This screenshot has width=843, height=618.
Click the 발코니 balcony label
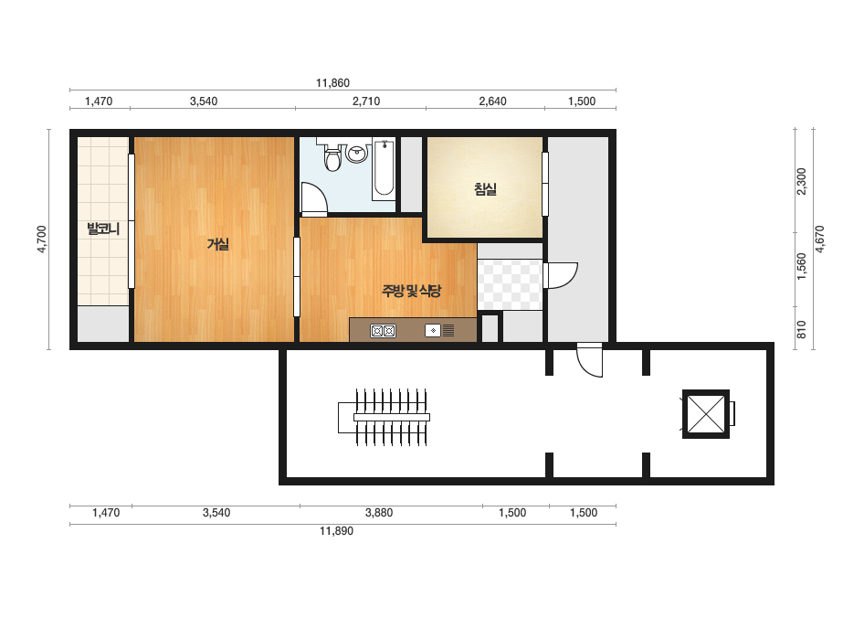pos(103,229)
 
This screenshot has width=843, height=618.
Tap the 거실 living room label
pos(218,244)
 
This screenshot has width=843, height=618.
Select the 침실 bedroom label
pos(485,189)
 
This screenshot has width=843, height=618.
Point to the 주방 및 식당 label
pos(411,292)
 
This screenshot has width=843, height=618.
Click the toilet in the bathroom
pos(333,156)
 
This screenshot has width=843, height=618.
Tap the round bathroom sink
pos(356,153)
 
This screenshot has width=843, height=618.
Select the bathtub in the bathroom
pos(384,168)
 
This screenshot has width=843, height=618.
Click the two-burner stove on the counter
pos(383,331)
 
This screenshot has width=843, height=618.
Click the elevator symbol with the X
pos(706,414)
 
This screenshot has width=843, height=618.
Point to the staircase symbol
pos(384,417)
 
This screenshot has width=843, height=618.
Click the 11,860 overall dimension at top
pos(332,83)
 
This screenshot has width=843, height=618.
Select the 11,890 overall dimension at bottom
pos(336,531)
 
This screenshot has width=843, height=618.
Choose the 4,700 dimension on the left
pos(42,239)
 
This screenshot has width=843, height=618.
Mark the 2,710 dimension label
pos(366,101)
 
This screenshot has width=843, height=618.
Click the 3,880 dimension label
pos(379,513)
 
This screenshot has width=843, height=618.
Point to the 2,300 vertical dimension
pos(802,181)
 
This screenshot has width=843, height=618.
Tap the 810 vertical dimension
pos(802,329)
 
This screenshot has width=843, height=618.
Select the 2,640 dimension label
pos(492,101)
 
